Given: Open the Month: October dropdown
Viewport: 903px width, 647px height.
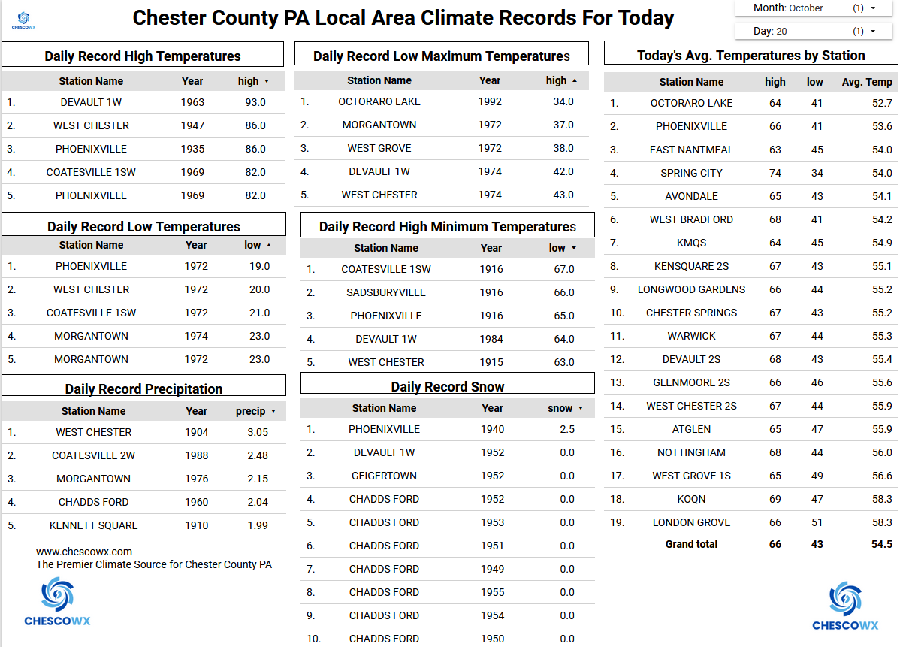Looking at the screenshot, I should (814, 8).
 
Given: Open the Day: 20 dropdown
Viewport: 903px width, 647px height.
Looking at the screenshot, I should (814, 32).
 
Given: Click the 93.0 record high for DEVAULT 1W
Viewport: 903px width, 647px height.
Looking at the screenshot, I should (255, 103).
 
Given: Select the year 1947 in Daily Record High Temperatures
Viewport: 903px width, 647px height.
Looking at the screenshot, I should (192, 126).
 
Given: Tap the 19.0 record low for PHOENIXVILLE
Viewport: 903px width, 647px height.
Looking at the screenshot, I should (259, 267).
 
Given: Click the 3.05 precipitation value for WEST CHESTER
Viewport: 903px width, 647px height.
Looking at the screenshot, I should (257, 433).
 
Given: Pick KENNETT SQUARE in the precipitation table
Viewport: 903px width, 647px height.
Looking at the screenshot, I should (94, 526).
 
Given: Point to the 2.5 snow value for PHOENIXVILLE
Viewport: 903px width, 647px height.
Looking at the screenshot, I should (567, 430).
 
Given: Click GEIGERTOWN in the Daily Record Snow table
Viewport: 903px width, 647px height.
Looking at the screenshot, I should (384, 476).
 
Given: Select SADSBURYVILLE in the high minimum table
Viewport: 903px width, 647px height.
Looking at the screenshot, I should (386, 293).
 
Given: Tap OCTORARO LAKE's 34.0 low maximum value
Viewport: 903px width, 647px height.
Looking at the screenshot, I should (563, 102).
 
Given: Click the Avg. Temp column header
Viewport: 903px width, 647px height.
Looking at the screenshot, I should (867, 83).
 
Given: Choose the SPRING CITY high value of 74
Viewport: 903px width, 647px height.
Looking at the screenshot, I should (775, 174).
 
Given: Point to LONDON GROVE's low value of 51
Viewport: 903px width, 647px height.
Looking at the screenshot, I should (817, 523).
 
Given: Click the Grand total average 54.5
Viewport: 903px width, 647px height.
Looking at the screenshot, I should (882, 545).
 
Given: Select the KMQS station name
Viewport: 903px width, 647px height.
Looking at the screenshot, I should (691, 243).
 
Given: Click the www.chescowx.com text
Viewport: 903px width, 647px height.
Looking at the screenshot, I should (84, 552).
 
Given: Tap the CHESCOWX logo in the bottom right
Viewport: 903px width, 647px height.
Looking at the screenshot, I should (845, 606).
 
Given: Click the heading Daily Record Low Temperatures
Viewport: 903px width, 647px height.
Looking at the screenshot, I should (143, 227).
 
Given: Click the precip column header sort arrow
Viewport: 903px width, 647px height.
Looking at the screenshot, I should (273, 412).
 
